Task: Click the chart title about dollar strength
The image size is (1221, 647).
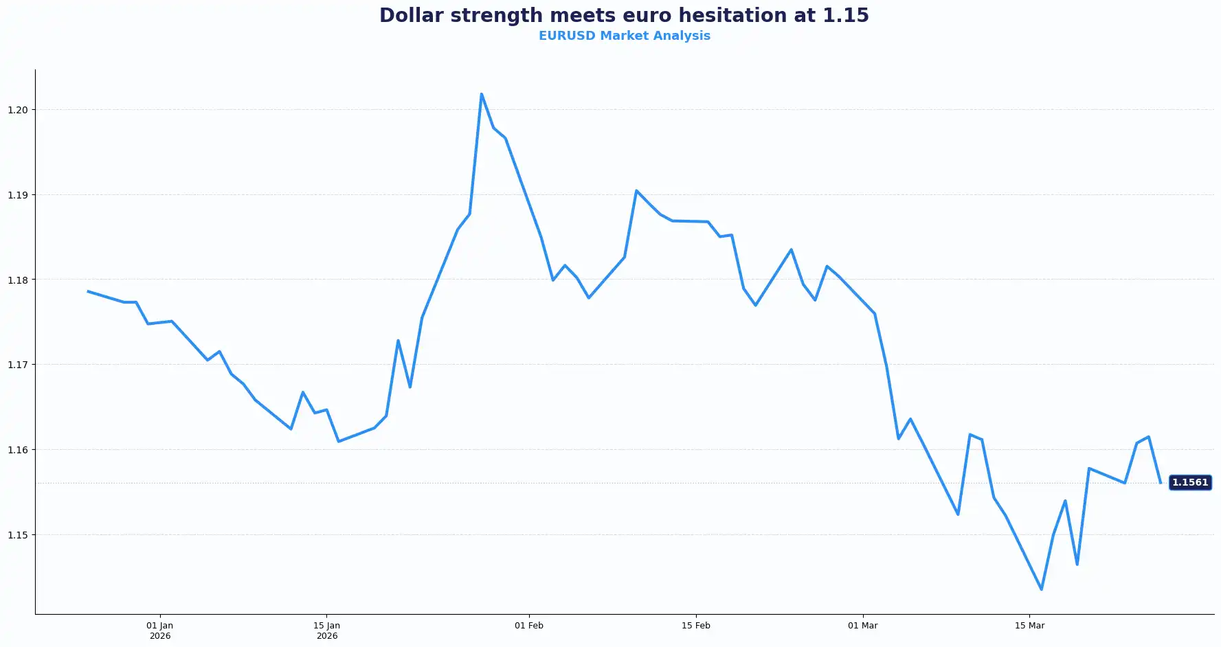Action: (x=624, y=15)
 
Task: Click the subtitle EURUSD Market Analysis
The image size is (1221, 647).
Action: (x=624, y=36)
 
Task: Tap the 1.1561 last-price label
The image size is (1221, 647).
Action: (x=1189, y=483)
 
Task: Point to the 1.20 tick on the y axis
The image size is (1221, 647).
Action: (x=18, y=110)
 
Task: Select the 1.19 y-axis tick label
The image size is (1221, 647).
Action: (x=18, y=195)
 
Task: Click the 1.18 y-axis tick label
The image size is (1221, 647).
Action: (x=18, y=280)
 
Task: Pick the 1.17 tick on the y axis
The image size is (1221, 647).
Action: (x=18, y=365)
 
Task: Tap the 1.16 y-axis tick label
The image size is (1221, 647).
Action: (x=18, y=450)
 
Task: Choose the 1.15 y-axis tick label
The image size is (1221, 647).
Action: (x=18, y=534)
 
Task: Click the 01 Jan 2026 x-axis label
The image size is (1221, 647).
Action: (x=160, y=631)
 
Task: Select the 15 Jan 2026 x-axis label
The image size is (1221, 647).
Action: (x=327, y=631)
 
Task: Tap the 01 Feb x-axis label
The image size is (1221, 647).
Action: (x=529, y=626)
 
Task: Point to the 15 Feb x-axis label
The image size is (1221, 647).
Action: (x=696, y=626)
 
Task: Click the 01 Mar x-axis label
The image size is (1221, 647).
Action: (x=863, y=626)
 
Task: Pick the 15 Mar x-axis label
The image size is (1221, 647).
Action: (x=1029, y=626)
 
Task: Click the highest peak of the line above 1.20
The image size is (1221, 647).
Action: (x=482, y=94)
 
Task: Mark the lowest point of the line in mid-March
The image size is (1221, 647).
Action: (x=1042, y=589)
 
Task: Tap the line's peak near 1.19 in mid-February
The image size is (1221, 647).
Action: (x=636, y=190)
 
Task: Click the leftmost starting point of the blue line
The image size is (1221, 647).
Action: (x=88, y=291)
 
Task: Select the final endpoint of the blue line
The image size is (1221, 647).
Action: (x=1161, y=483)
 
